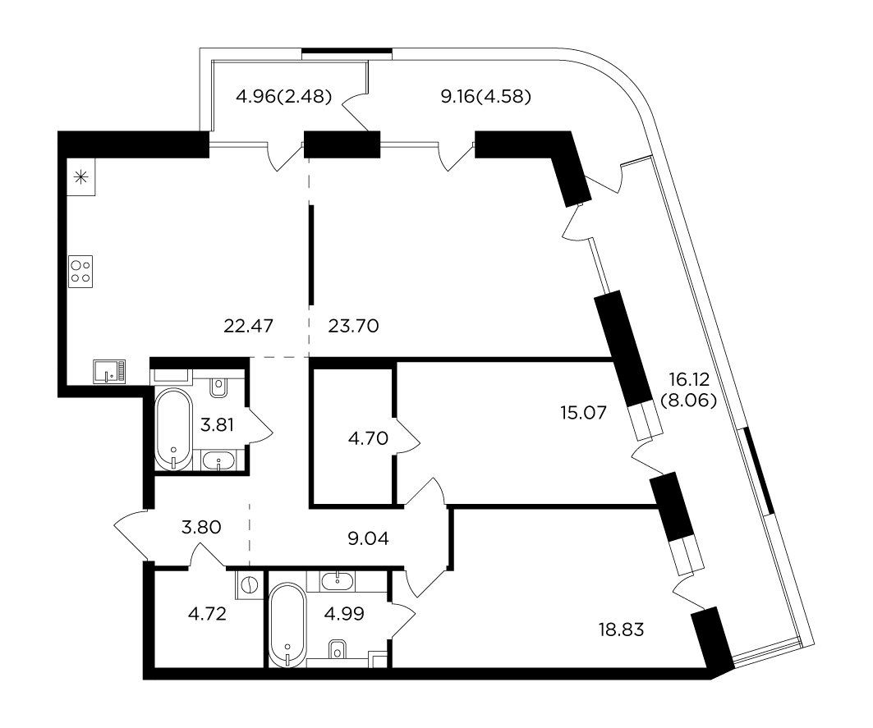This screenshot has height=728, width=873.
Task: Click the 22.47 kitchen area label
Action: click(x=248, y=326)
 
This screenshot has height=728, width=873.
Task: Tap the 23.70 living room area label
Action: click(x=353, y=326)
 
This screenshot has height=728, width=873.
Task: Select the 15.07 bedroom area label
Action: click(x=583, y=413)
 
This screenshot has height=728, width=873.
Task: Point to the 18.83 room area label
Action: click(x=622, y=630)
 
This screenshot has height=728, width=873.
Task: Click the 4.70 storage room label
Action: click(x=368, y=438)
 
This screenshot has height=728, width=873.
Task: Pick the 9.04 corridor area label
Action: click(x=368, y=538)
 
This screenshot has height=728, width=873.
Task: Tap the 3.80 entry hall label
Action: click(x=201, y=527)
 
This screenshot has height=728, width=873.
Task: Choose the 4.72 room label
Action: click(x=207, y=614)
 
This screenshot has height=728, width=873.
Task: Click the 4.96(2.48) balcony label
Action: click(x=284, y=97)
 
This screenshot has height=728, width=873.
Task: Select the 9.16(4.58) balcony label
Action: click(x=486, y=97)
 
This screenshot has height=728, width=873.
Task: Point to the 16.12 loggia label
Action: click(x=689, y=379)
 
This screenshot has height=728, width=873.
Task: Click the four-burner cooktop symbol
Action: click(x=80, y=272)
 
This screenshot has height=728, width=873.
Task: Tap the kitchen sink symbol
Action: click(x=110, y=371)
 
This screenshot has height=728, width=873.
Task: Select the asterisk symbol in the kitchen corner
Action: click(x=81, y=178)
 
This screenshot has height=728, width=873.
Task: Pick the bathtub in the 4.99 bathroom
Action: click(x=287, y=625)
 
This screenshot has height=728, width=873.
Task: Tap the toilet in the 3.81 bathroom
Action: click(x=219, y=387)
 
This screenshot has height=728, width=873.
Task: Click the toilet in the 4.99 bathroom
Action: click(x=338, y=649)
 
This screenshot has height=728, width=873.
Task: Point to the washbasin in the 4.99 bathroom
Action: click(x=338, y=582)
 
